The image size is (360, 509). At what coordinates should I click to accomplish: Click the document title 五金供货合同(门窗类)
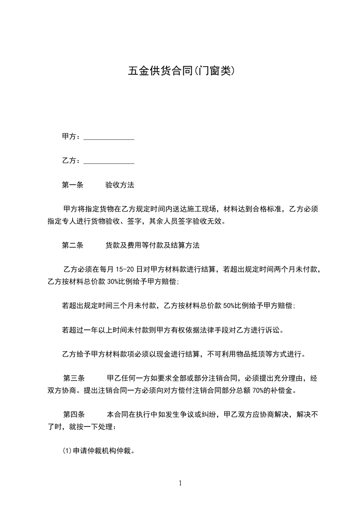pyautogui.click(x=180, y=71)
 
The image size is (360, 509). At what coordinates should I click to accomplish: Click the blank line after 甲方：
pyautogui.click(x=109, y=137)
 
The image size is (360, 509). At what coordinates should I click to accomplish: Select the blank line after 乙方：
pyautogui.click(x=109, y=161)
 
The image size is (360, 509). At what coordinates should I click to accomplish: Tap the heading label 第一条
pyautogui.click(x=72, y=185)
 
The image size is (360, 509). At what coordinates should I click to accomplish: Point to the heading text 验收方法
pyautogui.click(x=120, y=185)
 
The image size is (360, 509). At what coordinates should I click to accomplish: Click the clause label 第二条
pyautogui.click(x=72, y=245)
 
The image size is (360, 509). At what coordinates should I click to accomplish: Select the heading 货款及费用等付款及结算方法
pyautogui.click(x=153, y=245)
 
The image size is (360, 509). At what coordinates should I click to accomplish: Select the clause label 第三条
pyautogui.click(x=74, y=378)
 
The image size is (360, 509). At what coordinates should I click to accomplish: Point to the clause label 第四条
pyautogui.click(x=74, y=414)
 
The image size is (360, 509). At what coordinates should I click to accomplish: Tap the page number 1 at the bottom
pyautogui.click(x=180, y=483)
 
